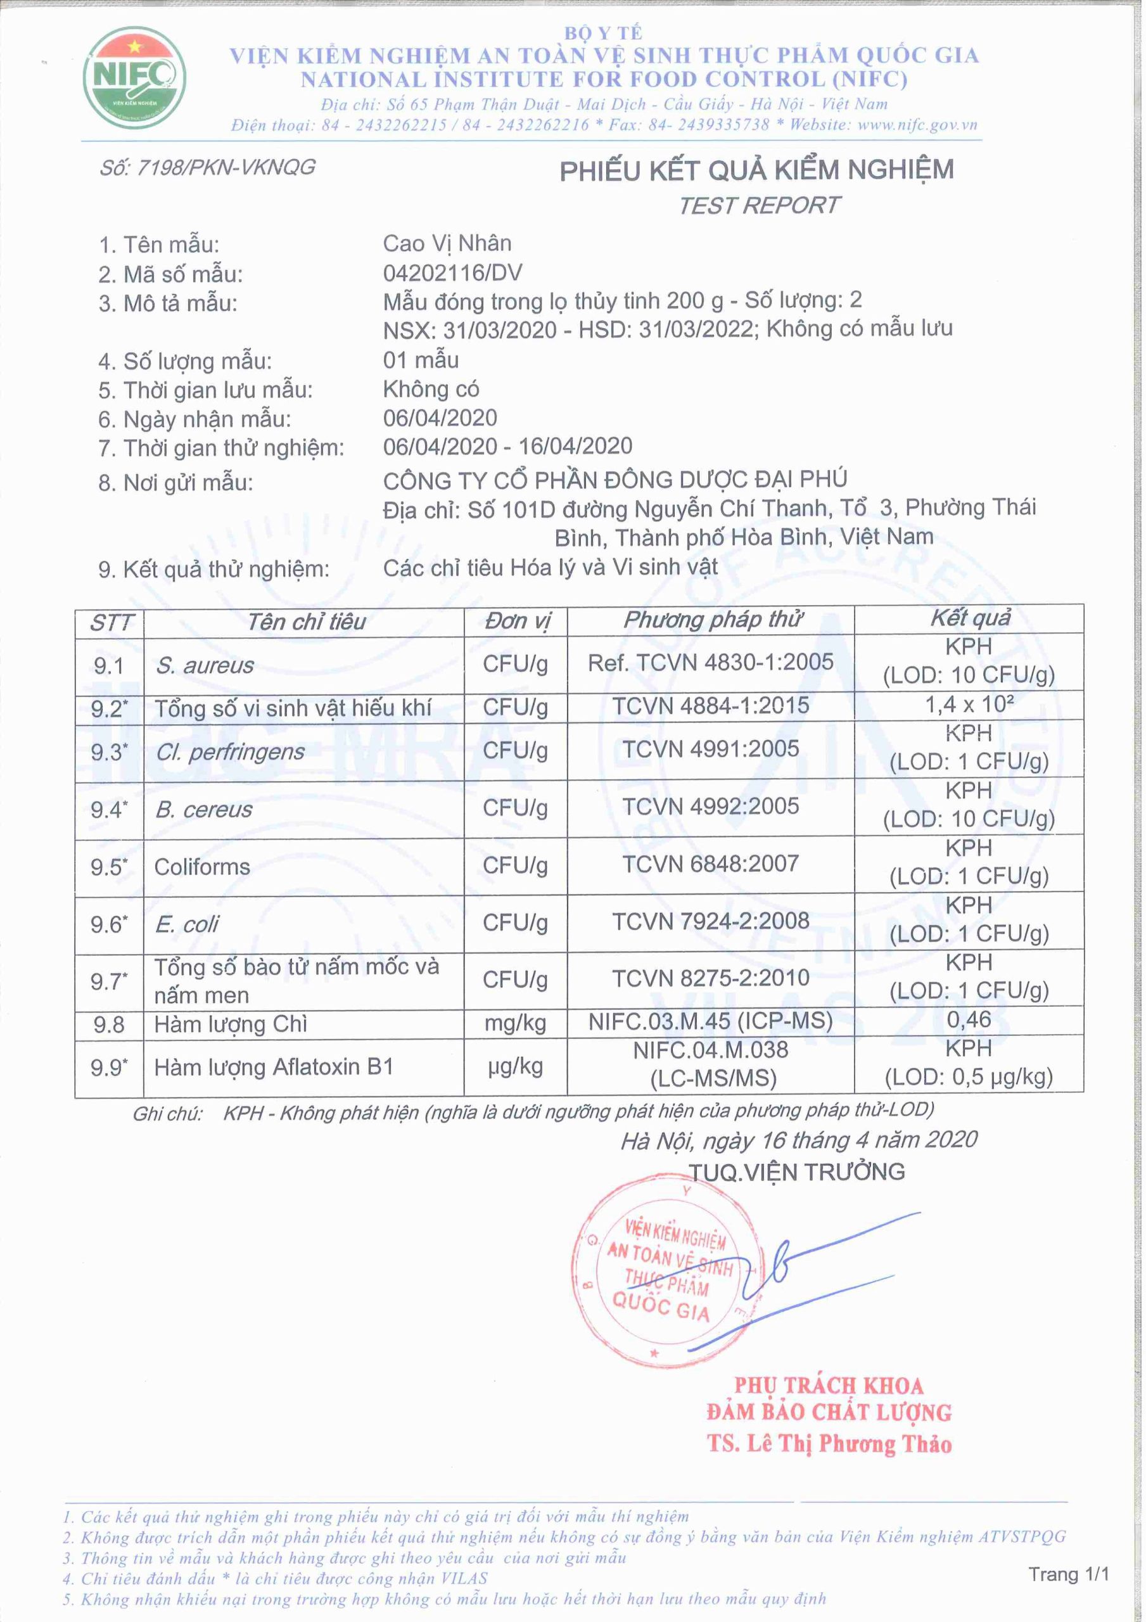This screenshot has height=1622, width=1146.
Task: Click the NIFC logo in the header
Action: click(x=134, y=78)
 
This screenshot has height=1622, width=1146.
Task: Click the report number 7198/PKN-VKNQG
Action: click(x=208, y=167)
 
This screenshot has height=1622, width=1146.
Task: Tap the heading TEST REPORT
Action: click(x=759, y=205)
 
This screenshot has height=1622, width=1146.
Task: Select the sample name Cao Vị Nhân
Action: click(x=447, y=244)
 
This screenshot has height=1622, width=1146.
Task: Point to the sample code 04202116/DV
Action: click(x=452, y=272)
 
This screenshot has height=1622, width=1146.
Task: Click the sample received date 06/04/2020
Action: click(x=440, y=418)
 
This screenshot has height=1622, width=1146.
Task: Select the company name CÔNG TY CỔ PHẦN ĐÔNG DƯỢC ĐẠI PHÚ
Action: click(x=614, y=480)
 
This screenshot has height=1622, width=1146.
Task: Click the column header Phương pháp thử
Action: click(x=711, y=620)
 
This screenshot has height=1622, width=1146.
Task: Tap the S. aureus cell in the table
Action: click(x=205, y=665)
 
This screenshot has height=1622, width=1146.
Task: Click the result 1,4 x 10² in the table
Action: click(x=969, y=705)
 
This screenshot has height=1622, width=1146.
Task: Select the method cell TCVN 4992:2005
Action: click(x=710, y=806)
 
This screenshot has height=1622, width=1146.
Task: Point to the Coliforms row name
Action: click(x=202, y=867)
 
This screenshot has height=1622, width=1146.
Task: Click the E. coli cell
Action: click(x=188, y=924)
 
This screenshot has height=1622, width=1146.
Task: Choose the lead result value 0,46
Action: click(x=969, y=1019)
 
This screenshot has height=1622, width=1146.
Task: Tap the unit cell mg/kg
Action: click(x=515, y=1023)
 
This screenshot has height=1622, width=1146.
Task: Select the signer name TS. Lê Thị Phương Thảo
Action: click(x=829, y=1444)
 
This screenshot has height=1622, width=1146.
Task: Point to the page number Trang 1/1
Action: click(x=1068, y=1574)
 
